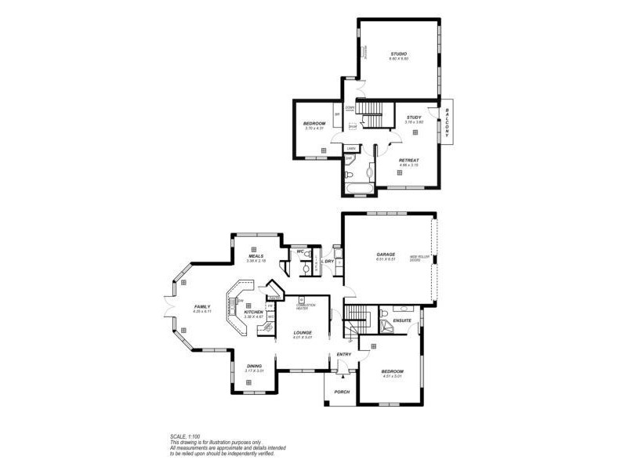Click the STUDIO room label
point(399,53)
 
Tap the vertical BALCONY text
point(447,122)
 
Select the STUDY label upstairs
point(413,117)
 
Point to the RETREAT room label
point(408,160)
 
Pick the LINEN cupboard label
point(352,147)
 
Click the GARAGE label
point(386,254)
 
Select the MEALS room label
point(256,256)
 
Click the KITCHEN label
point(253,312)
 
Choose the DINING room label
point(254,367)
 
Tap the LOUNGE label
point(303,333)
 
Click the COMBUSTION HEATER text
point(306,306)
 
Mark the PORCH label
point(342,392)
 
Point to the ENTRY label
point(343,355)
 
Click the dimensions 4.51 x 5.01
point(392,376)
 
